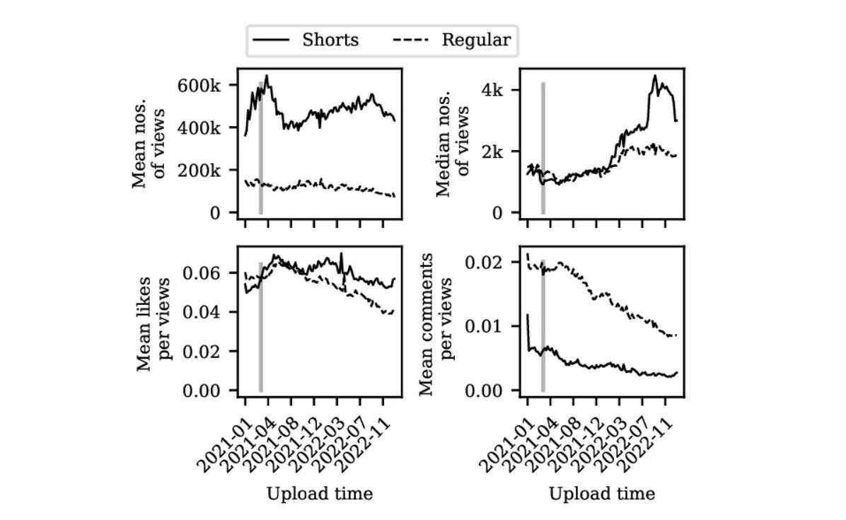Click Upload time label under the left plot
[319, 494]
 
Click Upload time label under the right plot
[602, 494]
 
